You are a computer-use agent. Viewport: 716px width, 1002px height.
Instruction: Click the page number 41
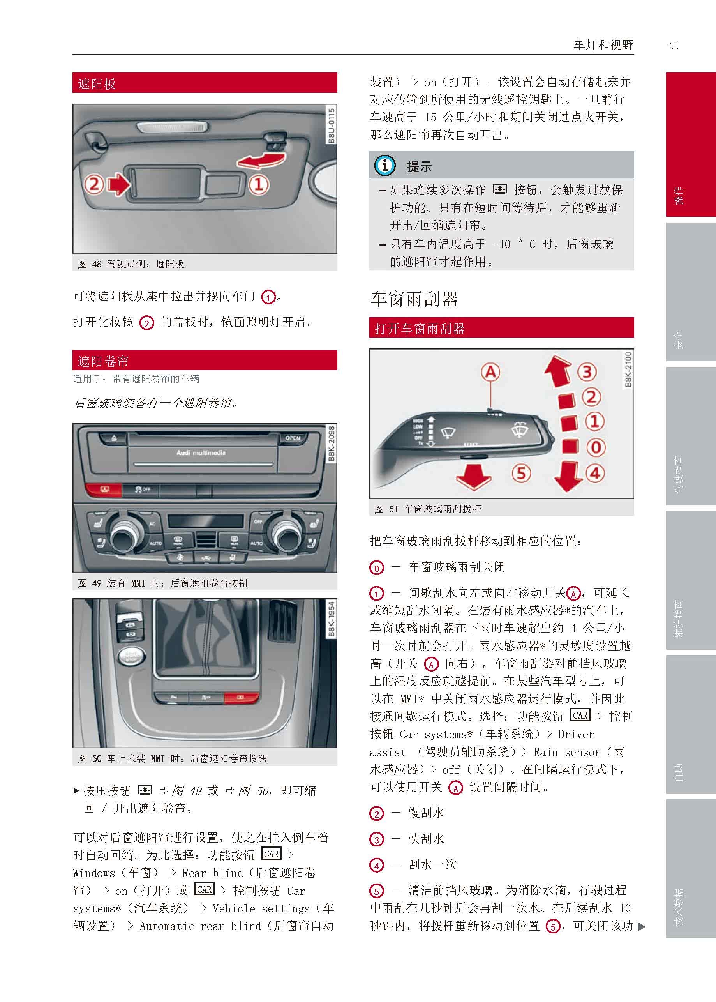point(673,45)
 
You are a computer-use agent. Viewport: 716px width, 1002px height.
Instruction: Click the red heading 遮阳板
point(97,83)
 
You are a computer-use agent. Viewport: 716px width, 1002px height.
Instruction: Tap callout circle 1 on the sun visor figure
point(259,184)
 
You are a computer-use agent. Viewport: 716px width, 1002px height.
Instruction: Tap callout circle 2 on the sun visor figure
point(94,184)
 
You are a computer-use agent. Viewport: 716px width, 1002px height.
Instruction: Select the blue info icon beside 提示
point(384,165)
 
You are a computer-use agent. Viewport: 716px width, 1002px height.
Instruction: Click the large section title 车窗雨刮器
point(414,299)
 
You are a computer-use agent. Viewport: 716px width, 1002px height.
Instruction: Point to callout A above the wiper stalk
point(490,372)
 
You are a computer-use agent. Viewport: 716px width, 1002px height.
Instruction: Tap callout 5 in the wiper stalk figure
point(521,473)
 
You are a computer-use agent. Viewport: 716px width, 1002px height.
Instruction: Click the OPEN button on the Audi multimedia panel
point(292,438)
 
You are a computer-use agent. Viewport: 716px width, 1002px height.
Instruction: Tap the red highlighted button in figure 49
point(103,489)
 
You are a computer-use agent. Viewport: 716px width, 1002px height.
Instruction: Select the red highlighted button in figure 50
point(241,697)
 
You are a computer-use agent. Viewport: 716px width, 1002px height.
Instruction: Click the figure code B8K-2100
point(628,369)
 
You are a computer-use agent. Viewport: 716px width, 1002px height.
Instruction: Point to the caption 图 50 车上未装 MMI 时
point(172,758)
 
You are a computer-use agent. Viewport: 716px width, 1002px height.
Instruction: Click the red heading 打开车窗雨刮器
point(419,328)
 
